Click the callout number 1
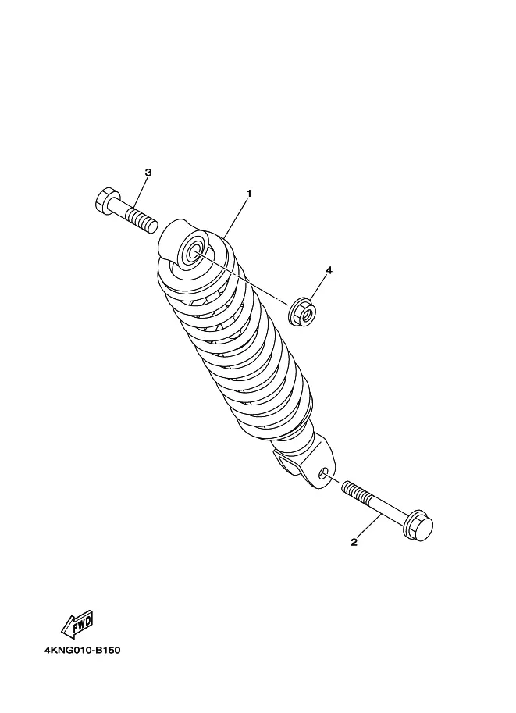249,193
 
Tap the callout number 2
354,542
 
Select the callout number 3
148,173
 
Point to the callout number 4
329,270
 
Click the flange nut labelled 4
303,311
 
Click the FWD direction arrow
78,623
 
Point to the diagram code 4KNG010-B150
82,650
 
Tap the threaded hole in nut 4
308,312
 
